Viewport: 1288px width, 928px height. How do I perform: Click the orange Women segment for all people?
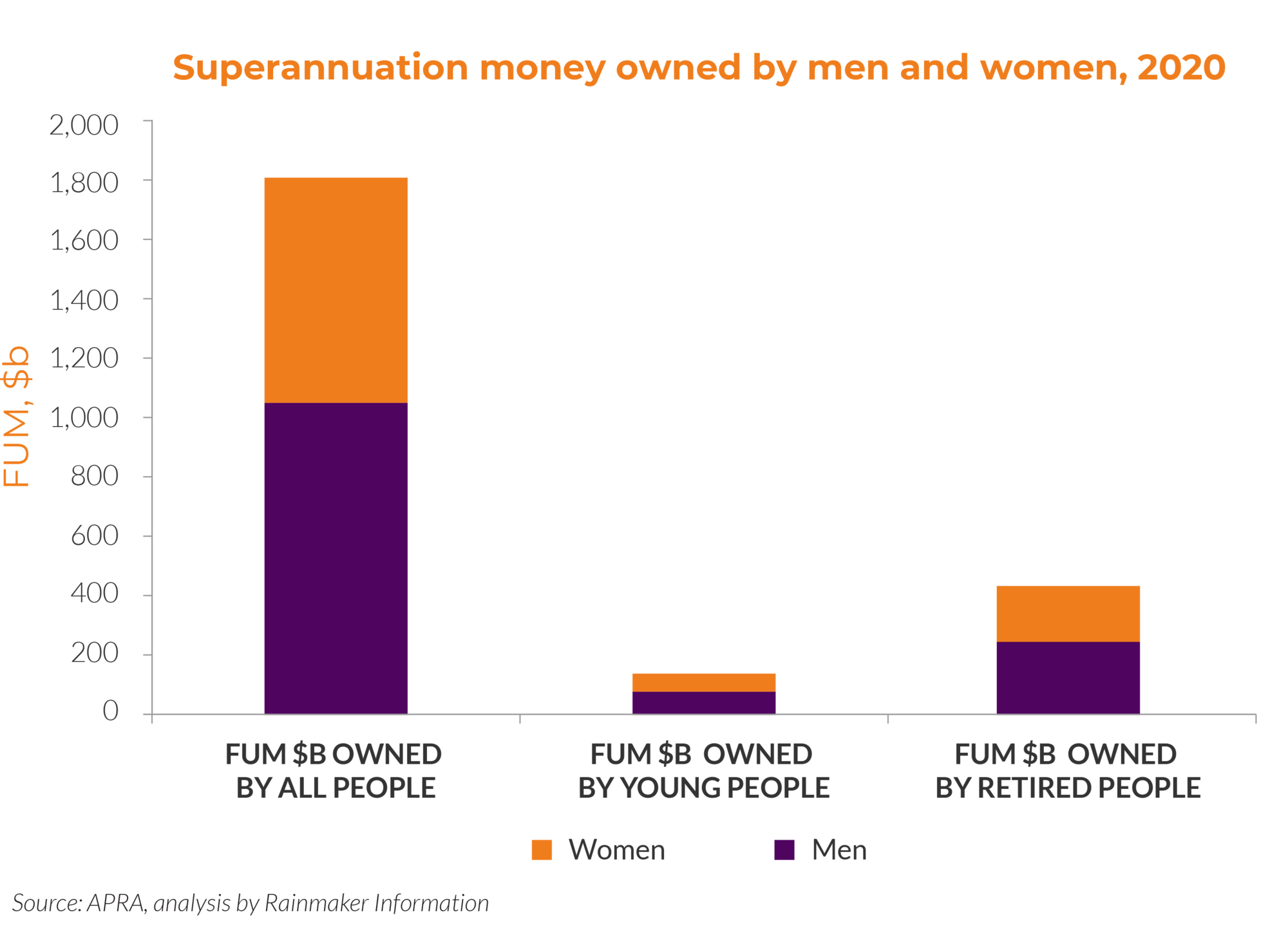[x=336, y=289]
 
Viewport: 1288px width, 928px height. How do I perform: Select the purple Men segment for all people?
[x=336, y=558]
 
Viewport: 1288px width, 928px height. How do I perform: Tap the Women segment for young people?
[x=703, y=682]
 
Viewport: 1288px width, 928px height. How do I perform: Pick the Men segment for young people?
[x=703, y=703]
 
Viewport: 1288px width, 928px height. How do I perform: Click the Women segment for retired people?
[x=1068, y=613]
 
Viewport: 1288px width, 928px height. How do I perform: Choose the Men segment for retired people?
[x=1068, y=677]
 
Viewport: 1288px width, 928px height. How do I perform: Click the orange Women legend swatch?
[x=542, y=849]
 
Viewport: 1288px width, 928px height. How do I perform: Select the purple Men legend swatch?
[x=784, y=849]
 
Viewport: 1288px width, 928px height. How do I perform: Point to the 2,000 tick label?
[x=84, y=125]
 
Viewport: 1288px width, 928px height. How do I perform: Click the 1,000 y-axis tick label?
[x=84, y=418]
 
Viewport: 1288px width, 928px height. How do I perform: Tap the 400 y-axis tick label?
[x=95, y=594]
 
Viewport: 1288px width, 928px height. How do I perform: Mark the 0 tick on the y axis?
[x=111, y=711]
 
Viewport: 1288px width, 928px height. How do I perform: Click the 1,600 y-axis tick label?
[x=84, y=241]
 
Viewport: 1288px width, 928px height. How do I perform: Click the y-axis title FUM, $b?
[x=17, y=416]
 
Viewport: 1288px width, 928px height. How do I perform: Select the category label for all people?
[x=334, y=771]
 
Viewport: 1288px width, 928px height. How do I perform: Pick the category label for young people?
[x=703, y=771]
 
